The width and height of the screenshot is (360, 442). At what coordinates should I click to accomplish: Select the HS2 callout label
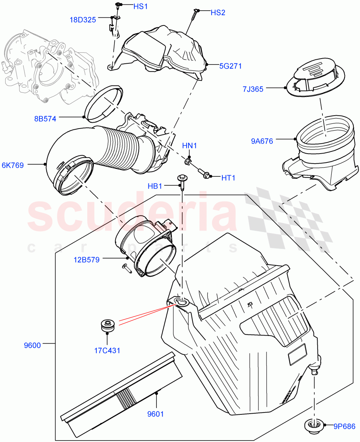[218, 13]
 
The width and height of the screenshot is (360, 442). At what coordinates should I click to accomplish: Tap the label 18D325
[83, 20]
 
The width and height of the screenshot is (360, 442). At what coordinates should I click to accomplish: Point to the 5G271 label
[230, 66]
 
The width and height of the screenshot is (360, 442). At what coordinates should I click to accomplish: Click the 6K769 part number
[13, 165]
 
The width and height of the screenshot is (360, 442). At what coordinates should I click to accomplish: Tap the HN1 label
[190, 146]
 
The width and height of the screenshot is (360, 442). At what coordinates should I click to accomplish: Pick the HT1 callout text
[228, 178]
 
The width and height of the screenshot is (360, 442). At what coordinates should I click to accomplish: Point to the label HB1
[155, 186]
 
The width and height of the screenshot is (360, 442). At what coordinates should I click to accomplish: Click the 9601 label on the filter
[155, 414]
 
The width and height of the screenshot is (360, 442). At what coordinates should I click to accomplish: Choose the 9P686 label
[345, 427]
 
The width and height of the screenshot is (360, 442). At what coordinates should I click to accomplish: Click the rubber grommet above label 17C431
[107, 326]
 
